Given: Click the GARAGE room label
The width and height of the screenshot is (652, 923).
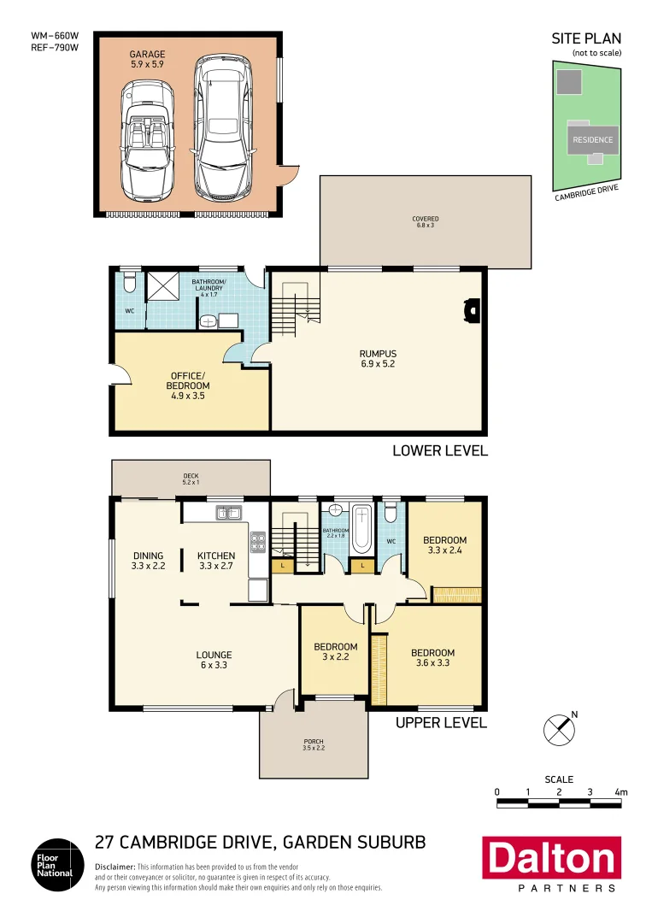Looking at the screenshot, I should [x=147, y=58].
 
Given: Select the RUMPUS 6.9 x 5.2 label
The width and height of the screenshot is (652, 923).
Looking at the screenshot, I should [x=378, y=358].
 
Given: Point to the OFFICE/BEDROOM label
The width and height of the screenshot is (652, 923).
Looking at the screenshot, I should [x=187, y=385].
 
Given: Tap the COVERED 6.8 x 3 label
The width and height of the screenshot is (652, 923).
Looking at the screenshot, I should [x=425, y=222].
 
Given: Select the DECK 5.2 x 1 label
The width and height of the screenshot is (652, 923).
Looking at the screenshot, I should [x=191, y=479].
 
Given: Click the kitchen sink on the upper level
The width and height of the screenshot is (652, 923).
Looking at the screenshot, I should [x=228, y=514].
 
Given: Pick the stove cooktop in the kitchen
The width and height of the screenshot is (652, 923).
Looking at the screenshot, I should [x=256, y=540].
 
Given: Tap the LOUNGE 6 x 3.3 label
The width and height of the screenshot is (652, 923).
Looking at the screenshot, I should [x=213, y=661].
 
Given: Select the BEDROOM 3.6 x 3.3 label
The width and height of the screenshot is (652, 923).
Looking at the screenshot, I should [x=432, y=658].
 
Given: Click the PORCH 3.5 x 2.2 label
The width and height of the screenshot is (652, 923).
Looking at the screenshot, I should [x=313, y=744].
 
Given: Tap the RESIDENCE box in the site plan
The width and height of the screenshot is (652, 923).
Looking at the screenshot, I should [x=592, y=140].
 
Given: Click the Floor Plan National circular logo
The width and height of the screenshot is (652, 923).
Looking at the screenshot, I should [x=57, y=864].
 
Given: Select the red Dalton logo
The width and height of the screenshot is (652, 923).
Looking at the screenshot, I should [x=551, y=858].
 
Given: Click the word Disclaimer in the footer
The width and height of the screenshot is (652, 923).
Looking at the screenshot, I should [x=115, y=867].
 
